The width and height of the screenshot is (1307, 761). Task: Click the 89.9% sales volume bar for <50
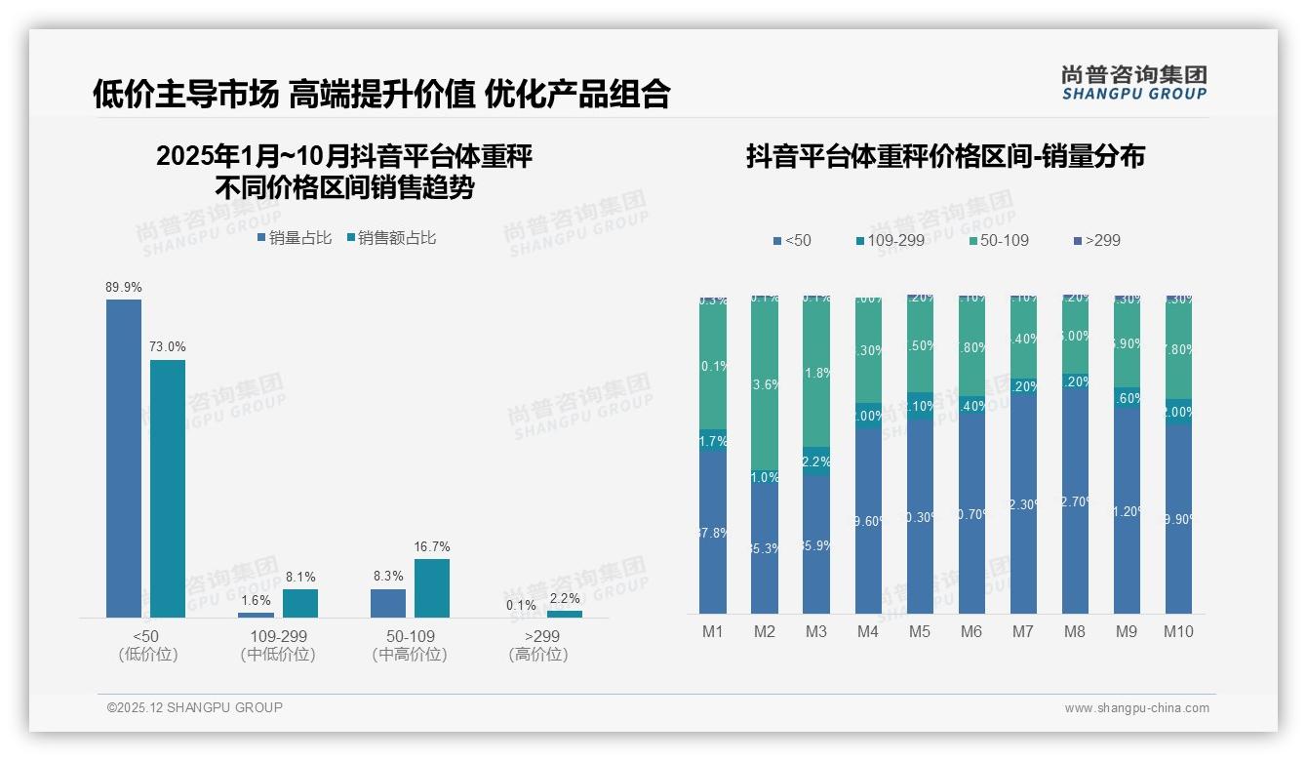coord(124,458)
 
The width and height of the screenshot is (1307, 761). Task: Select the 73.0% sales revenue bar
coord(168,488)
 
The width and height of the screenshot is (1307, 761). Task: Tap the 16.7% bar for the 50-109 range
coord(432,587)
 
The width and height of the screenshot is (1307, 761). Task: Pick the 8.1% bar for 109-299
coord(300,603)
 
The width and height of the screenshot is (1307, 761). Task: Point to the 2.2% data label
coord(564,598)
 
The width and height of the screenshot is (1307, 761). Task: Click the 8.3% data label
coord(388,577)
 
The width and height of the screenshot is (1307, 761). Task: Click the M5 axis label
coord(919,631)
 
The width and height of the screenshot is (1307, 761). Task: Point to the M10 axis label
coord(1178,631)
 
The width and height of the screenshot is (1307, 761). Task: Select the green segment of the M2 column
coord(765,380)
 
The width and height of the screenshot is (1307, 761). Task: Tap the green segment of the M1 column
coord(713,366)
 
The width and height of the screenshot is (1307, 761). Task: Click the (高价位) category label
coord(538,655)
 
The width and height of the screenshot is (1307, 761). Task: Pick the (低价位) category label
coord(148,655)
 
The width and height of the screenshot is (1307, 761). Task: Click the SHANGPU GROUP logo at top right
coord(1133,83)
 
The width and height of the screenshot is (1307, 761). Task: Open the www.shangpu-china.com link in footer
coord(1136,708)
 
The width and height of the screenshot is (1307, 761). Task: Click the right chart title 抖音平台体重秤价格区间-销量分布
coord(945,157)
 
